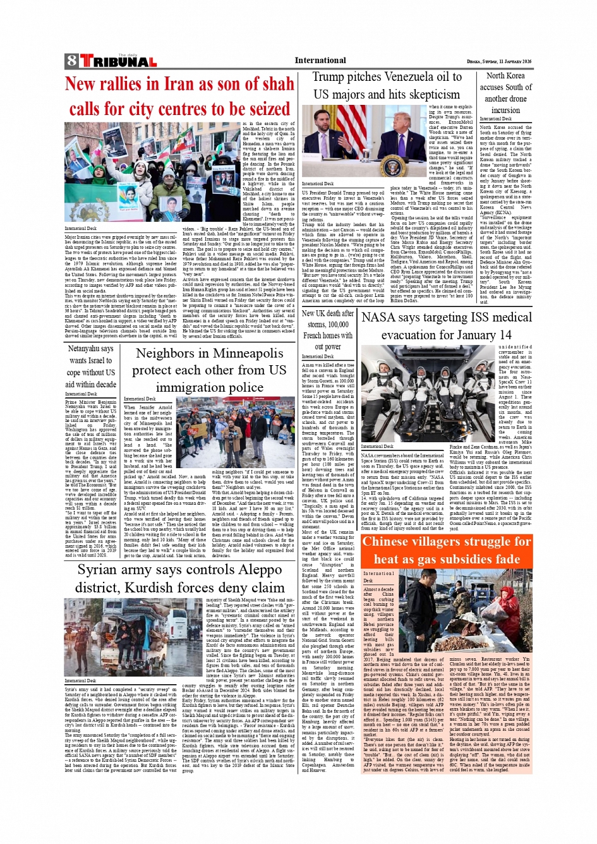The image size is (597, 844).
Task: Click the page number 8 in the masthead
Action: click(71, 61)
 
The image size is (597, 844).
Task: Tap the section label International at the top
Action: click(320, 61)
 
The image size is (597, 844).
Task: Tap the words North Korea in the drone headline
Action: click(505, 76)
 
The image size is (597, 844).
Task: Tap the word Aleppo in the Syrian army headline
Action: click(258, 570)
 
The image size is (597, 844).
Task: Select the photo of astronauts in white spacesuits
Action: click(428, 393)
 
